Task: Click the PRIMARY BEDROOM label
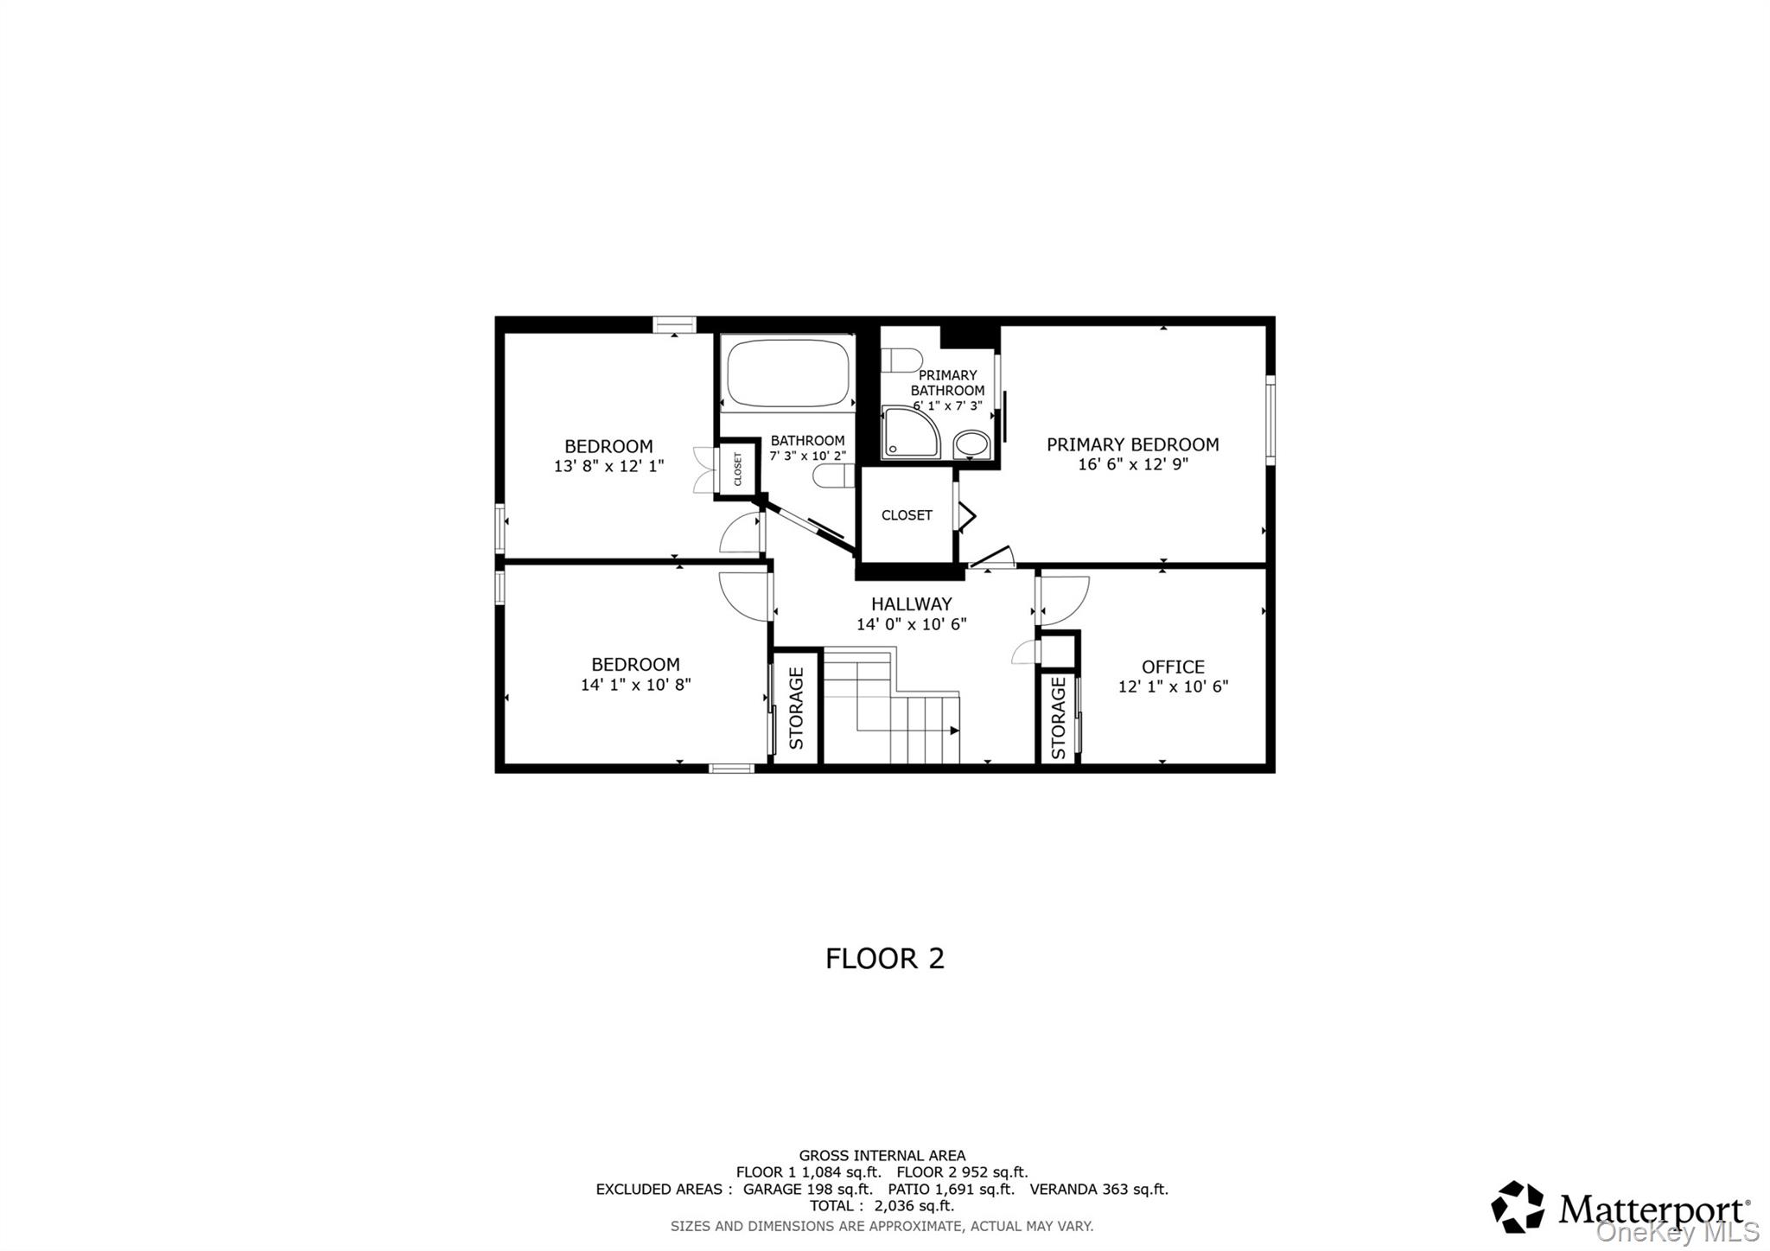[1132, 444]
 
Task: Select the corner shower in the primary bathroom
[909, 432]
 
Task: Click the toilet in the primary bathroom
[901, 360]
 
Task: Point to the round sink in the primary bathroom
[972, 444]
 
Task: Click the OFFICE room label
[1173, 667]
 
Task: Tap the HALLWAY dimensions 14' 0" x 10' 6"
[911, 624]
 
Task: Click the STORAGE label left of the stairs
[796, 708]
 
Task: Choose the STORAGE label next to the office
[1058, 718]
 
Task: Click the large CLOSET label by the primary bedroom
[907, 515]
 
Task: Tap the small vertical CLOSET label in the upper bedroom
[738, 469]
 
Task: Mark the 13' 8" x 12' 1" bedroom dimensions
[608, 467]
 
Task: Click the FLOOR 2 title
[884, 958]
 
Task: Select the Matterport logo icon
[1518, 1206]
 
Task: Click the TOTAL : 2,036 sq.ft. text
[882, 1205]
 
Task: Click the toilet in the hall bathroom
[833, 476]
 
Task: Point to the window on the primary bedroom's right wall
[1270, 419]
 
